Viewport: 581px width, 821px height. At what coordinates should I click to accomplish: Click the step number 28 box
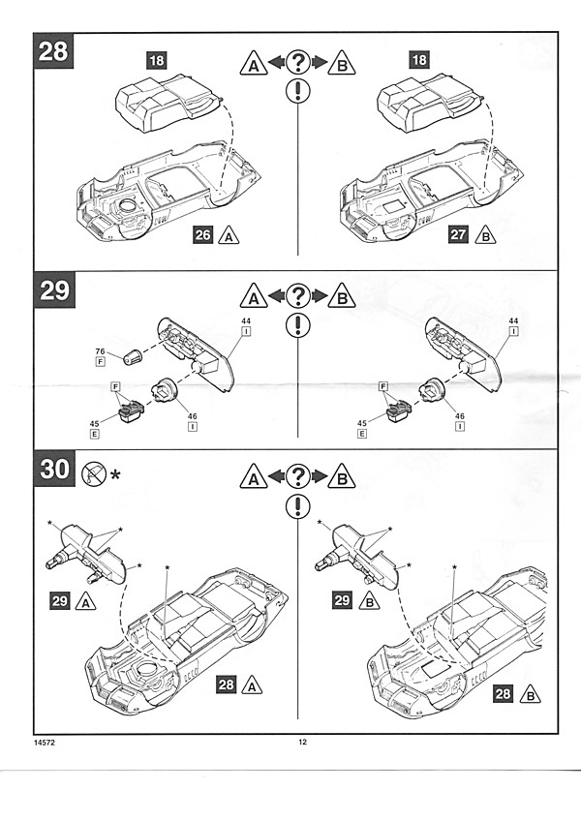tap(52, 51)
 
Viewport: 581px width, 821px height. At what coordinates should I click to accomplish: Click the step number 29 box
tap(54, 290)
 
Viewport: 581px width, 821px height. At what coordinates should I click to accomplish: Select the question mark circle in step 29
tap(297, 296)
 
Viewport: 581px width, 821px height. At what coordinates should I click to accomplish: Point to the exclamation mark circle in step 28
tap(297, 92)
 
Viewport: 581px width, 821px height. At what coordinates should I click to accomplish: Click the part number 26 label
tap(202, 234)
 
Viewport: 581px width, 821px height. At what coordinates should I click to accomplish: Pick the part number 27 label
tap(460, 234)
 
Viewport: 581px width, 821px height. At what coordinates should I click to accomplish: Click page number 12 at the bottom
tap(302, 742)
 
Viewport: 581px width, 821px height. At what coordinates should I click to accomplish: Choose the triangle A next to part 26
tap(229, 234)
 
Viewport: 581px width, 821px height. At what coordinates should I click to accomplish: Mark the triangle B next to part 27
tap(486, 234)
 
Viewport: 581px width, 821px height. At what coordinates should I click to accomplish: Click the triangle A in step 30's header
tap(254, 476)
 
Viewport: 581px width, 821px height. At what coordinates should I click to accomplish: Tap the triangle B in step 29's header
tap(341, 296)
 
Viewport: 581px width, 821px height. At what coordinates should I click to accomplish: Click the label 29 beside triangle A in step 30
tap(60, 600)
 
